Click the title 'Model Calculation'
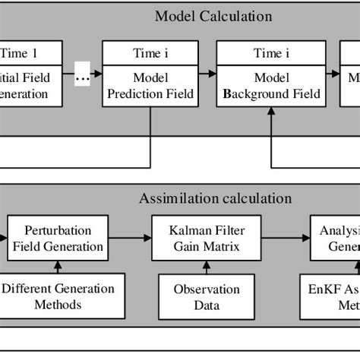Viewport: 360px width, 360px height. coord(213,15)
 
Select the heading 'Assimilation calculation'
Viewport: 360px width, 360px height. coord(215,198)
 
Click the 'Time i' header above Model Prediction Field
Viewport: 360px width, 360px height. coord(150,54)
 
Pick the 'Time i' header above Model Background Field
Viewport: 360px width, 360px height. coord(270,54)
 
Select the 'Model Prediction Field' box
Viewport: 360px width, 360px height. coord(150,85)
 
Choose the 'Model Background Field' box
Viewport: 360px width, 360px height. coord(270,85)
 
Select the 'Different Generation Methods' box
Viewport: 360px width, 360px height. coord(58,296)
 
